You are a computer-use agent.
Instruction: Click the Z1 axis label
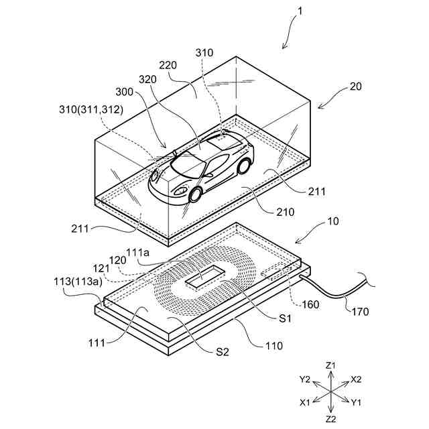[x=330, y=365]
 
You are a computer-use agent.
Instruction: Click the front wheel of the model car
[x=196, y=194]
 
